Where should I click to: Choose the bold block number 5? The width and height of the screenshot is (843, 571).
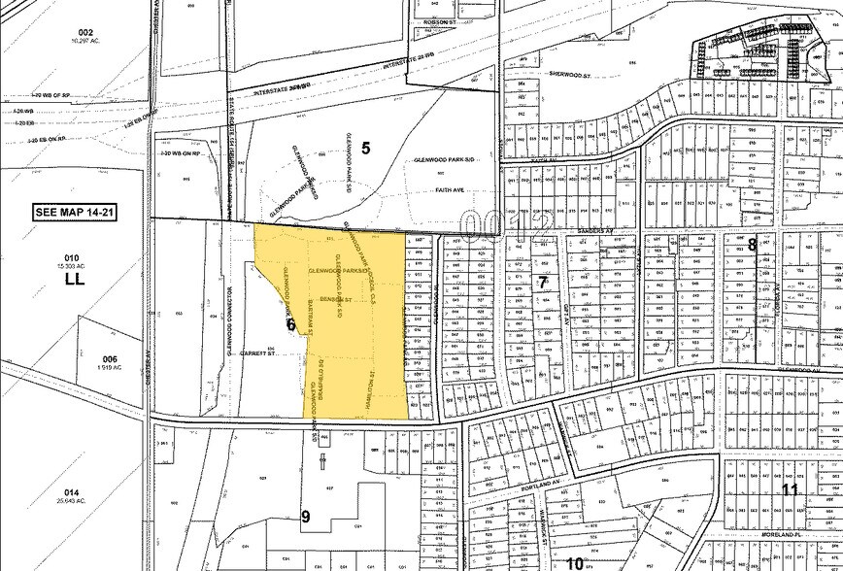point(365,148)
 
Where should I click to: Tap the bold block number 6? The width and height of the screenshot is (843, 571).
point(290,325)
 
